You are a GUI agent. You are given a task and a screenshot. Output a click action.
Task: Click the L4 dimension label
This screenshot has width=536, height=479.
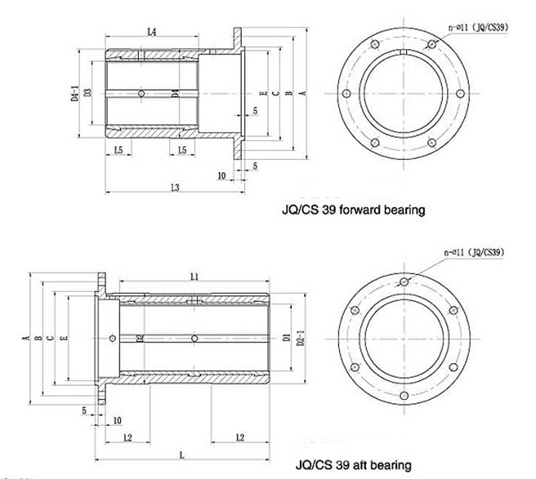tap(152, 32)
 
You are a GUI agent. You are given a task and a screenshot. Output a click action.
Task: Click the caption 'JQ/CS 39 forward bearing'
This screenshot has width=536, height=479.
tap(347, 210)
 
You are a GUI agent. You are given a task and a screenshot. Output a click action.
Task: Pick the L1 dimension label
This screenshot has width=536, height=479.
tap(194, 277)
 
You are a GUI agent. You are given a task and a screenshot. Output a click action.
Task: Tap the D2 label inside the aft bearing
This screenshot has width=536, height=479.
tap(141, 337)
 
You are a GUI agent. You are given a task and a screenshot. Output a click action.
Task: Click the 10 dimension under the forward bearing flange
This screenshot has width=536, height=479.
tap(221, 175)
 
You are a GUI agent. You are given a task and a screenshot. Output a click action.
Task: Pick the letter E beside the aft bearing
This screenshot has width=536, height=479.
tap(63, 337)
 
